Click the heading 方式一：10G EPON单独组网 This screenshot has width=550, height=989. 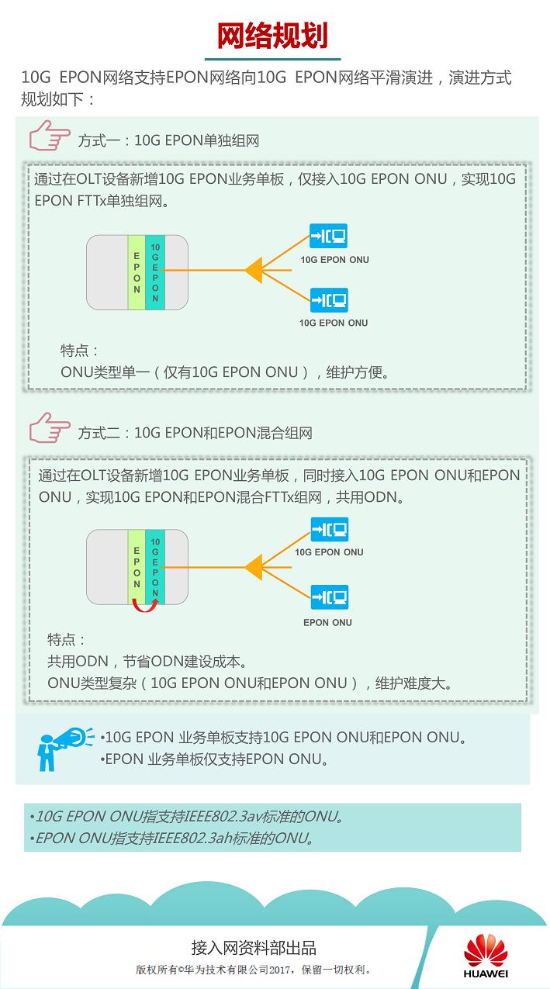coord(168,141)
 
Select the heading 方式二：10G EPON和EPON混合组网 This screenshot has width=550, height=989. coord(195,433)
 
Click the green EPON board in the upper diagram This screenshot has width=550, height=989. coord(137,272)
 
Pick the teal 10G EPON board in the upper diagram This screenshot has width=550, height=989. coord(155,272)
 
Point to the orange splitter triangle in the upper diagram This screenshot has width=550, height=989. coord(254,271)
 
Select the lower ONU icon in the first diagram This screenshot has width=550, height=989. coord(329,299)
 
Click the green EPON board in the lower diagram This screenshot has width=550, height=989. coord(137,567)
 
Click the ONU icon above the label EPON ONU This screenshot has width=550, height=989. coord(329,597)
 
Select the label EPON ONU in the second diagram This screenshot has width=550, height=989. coord(327,622)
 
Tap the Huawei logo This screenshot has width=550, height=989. coord(486,956)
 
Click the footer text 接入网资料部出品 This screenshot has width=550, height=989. coord(254,948)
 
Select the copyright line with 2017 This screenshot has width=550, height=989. coord(254,970)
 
